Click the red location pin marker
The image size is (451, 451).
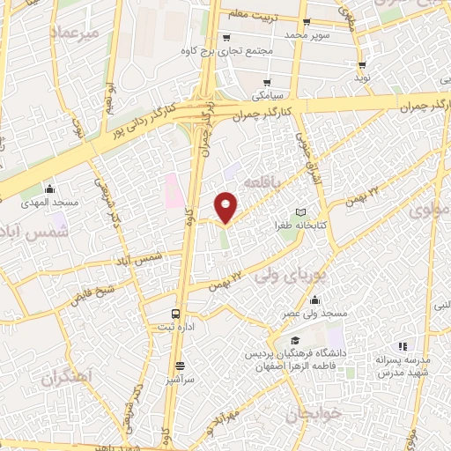pyautogui.click(x=226, y=206)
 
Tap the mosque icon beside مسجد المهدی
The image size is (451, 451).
pyautogui.click(x=50, y=188)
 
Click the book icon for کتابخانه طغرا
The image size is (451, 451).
pyautogui.click(x=302, y=212)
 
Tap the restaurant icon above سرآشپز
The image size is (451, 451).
pyautogui.click(x=180, y=366)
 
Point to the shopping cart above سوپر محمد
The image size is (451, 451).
pyautogui.click(x=305, y=22)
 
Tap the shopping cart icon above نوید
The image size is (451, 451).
pyautogui.click(x=361, y=66)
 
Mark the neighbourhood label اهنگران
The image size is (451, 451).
pyautogui.click(x=65, y=376)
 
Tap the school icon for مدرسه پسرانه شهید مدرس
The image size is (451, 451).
pyautogui.click(x=403, y=346)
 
